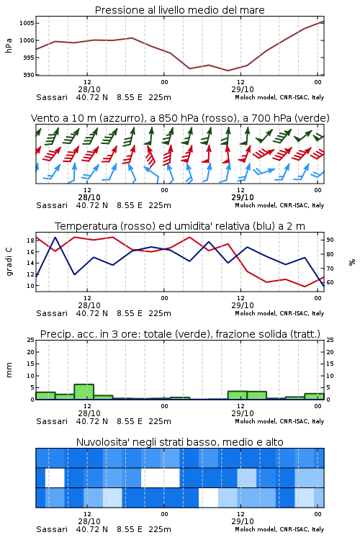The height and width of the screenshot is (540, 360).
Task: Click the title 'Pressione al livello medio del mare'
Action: point(179,10)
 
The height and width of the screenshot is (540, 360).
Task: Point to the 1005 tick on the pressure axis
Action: point(27,23)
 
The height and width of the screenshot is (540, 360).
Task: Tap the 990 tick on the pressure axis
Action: point(29,75)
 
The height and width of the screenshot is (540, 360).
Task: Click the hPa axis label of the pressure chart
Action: point(9,45)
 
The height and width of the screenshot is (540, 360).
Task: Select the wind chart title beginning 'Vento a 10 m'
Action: point(180,118)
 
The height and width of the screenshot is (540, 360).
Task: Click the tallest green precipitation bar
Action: point(84,392)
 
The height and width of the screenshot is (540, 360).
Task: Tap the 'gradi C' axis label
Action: point(9,261)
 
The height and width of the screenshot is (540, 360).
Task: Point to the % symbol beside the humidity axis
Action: point(352,262)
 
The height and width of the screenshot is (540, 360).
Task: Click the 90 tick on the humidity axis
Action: point(330,240)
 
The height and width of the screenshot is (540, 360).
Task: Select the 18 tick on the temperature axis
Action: point(30,240)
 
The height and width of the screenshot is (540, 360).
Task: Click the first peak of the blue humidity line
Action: point(55,238)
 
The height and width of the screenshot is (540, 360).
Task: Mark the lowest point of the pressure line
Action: point(228,71)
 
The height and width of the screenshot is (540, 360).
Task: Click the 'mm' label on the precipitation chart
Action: point(9,370)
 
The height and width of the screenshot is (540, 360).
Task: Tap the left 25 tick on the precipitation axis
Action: point(30,340)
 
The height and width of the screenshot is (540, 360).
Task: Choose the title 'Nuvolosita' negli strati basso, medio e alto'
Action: point(179,442)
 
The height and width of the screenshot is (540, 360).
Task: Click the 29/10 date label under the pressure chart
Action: point(243,89)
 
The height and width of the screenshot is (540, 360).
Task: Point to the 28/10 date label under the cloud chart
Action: point(89,521)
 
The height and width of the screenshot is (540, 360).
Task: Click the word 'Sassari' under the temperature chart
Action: point(52,313)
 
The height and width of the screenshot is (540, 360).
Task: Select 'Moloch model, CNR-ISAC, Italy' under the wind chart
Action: point(279,205)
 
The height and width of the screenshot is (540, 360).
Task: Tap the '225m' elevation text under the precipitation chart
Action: point(160,421)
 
